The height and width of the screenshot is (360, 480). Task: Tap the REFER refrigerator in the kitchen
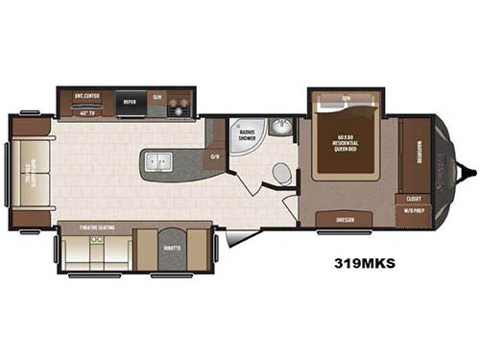pyautogui.click(x=132, y=98)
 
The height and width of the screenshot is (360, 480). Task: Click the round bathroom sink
pyautogui.click(x=279, y=128)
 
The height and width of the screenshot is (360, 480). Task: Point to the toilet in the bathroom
pyautogui.click(x=281, y=173)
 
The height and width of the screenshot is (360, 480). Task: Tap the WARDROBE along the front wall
pyautogui.click(x=415, y=154)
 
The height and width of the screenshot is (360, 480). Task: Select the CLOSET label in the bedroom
pyautogui.click(x=414, y=199)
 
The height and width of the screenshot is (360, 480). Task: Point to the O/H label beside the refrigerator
pyautogui.click(x=158, y=97)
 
